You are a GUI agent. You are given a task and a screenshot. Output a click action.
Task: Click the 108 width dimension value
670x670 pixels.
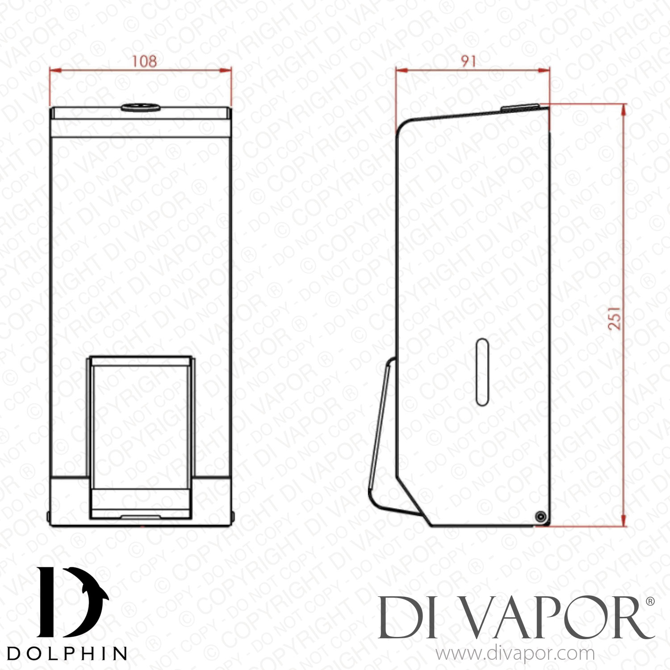[144, 61]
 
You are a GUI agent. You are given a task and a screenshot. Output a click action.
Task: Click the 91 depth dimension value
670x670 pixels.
[469, 61]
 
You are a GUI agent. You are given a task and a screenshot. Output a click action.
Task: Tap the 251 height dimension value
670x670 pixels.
[615, 318]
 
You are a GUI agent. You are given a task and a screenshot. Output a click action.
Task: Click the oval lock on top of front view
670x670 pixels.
[141, 107]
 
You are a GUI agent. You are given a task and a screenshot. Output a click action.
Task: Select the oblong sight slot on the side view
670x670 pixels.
[482, 372]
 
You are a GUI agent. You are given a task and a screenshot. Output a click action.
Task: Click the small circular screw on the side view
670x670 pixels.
[541, 517]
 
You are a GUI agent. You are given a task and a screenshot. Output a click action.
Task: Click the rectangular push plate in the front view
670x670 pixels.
[141, 437]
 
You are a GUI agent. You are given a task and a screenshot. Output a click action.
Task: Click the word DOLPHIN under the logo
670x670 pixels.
[67, 653]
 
